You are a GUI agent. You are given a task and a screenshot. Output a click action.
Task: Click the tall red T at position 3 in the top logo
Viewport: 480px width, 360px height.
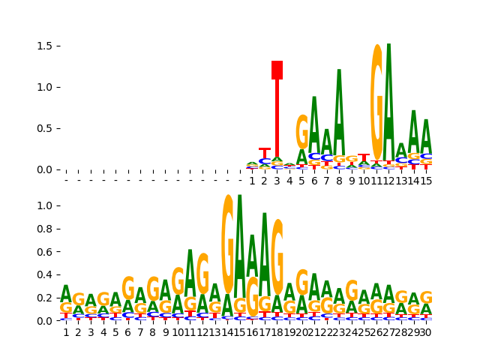point(277,112)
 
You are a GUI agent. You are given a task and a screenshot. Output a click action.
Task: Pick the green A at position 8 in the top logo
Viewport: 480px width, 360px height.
point(339,112)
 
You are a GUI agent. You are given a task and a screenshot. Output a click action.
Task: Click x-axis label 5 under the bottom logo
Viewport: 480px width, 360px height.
point(115,332)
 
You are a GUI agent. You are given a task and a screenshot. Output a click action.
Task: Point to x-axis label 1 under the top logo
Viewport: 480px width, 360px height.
point(252,181)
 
